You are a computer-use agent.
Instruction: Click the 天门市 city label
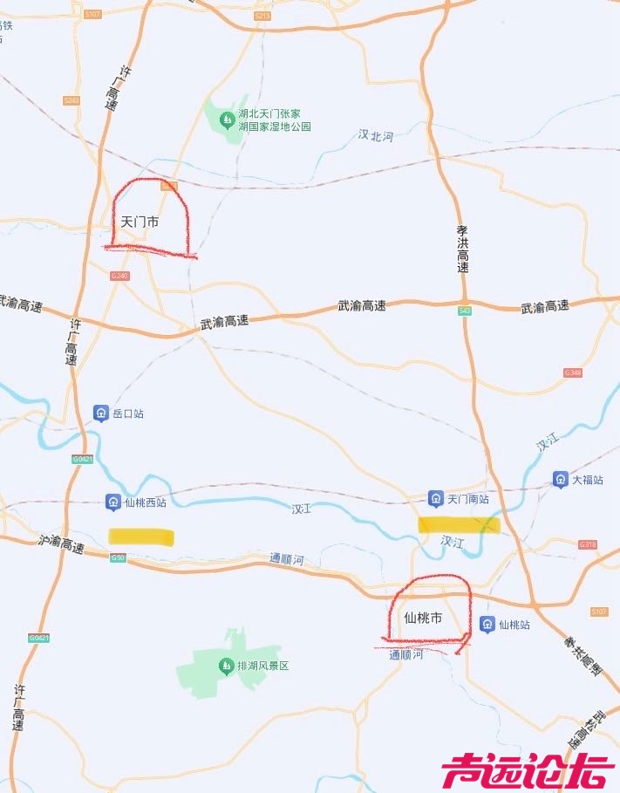[140, 222]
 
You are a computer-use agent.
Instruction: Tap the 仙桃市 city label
[423, 618]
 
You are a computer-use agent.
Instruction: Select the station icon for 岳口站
[101, 413]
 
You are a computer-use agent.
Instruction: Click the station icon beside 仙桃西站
[112, 502]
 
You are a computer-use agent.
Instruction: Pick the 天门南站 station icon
[435, 498]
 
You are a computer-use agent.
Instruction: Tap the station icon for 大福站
[560, 479]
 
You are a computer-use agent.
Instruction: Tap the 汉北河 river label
[376, 135]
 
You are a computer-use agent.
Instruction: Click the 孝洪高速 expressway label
[463, 249]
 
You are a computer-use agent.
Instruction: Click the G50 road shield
[118, 557]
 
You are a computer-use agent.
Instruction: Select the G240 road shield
[119, 276]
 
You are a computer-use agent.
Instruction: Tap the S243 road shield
[72, 100]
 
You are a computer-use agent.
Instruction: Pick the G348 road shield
[572, 373]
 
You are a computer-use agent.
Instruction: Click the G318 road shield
[588, 544]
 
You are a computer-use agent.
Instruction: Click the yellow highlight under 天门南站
[458, 524]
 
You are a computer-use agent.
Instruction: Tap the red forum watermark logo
[527, 771]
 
